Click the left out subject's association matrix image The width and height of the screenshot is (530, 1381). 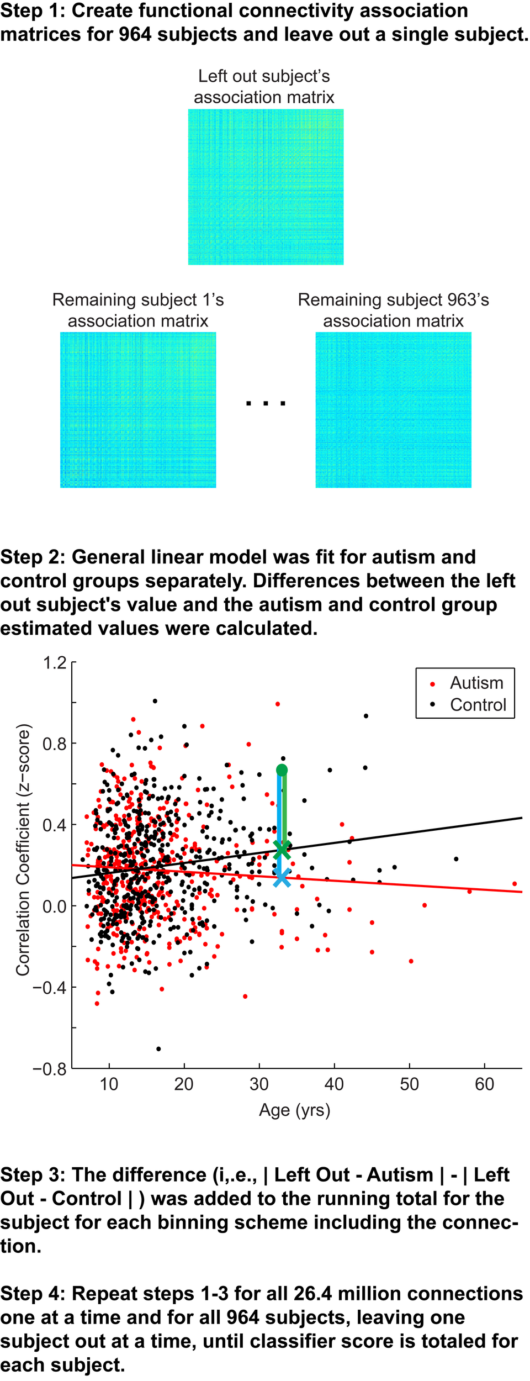point(266,187)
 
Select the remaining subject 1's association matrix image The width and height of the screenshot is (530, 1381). point(138,410)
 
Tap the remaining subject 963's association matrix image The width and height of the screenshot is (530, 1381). point(393,410)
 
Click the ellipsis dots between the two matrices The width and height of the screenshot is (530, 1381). point(266,403)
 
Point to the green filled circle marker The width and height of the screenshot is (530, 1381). point(282,770)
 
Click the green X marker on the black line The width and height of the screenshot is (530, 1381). point(282,850)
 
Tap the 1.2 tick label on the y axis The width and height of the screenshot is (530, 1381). point(55,662)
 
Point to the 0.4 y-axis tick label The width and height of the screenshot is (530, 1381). point(55,825)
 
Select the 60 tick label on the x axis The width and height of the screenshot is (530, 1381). point(484,1084)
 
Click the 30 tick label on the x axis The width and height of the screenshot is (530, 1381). point(259,1084)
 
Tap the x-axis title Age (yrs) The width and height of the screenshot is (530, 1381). point(295,1110)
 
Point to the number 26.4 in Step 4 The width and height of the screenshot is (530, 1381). point(313,1294)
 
